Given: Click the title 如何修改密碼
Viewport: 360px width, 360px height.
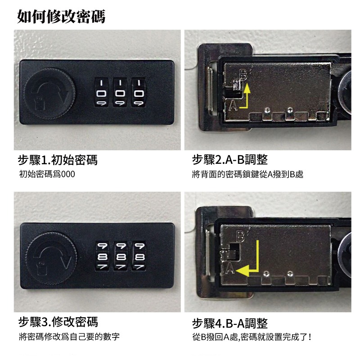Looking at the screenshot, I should pyautogui.click(x=61, y=16).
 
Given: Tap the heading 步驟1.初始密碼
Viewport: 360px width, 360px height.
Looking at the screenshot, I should pyautogui.click(x=58, y=160).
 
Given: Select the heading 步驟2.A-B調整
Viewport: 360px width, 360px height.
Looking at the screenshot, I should pyautogui.click(x=229, y=160).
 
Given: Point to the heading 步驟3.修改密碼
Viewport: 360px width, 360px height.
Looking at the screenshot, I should pyautogui.click(x=58, y=322).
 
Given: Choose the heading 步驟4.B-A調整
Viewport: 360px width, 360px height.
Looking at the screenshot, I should pyautogui.click(x=229, y=323).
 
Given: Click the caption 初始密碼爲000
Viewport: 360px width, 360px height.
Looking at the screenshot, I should pyautogui.click(x=47, y=174).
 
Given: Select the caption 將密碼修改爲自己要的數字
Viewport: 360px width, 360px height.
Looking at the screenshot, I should pyautogui.click(x=69, y=337).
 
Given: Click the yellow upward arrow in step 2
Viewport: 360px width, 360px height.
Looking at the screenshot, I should pyautogui.click(x=246, y=97).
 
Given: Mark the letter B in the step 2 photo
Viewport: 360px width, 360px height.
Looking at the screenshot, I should pyautogui.click(x=243, y=76).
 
